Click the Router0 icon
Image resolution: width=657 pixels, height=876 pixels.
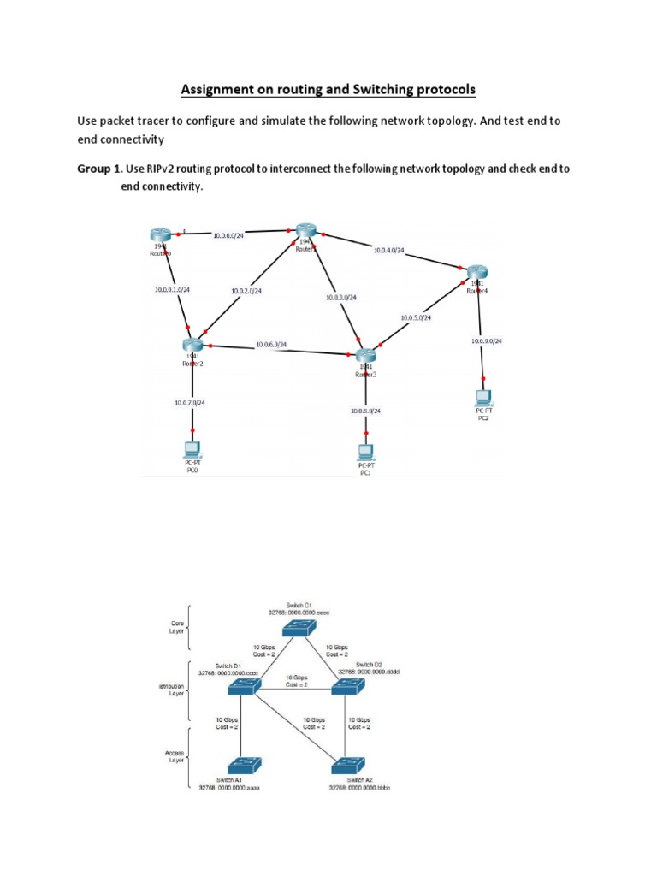(x=160, y=235)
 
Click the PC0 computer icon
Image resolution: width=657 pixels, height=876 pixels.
(x=192, y=448)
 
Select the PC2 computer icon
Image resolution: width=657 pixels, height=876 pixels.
(x=484, y=397)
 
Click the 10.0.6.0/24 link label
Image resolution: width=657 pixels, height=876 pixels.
(x=270, y=345)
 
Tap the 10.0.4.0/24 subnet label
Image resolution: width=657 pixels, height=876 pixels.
(x=388, y=251)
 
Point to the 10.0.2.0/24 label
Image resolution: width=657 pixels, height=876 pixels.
(x=246, y=291)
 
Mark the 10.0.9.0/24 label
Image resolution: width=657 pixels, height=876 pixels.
(x=487, y=340)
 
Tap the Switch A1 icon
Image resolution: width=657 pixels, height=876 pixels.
(x=242, y=765)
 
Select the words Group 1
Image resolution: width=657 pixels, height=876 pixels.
(x=98, y=169)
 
